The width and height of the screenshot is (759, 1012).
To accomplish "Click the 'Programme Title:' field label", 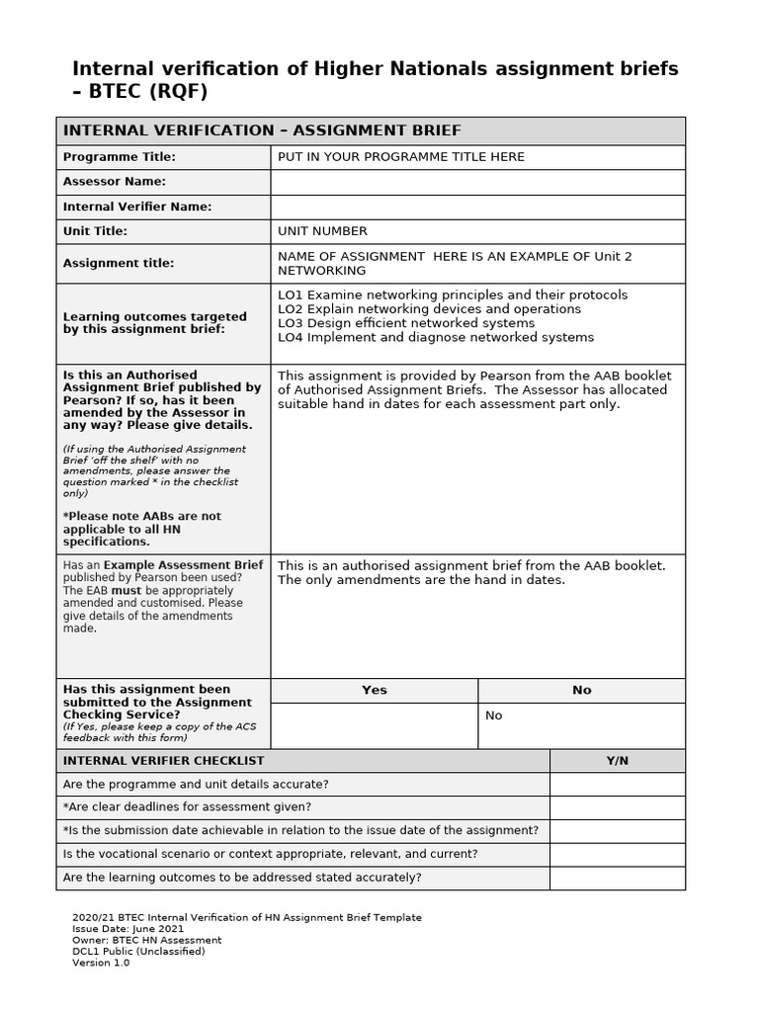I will click(x=119, y=157).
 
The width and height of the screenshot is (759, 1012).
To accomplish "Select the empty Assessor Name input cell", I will click(x=477, y=182).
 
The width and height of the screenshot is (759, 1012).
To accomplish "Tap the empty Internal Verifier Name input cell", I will click(x=477, y=208).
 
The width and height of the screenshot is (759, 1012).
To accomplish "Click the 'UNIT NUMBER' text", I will click(x=322, y=231).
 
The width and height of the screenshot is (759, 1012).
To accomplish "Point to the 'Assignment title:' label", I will click(x=119, y=263).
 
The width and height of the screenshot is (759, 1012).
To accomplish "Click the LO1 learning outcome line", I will click(x=452, y=295).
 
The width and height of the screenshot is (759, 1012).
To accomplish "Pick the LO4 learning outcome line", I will click(x=436, y=337).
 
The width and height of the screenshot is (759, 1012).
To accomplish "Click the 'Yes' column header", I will click(x=375, y=690).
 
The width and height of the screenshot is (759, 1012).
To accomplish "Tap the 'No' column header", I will click(x=581, y=690).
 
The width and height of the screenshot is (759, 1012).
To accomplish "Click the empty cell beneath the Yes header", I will click(x=375, y=725).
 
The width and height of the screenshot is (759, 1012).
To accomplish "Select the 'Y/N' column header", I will click(x=617, y=761).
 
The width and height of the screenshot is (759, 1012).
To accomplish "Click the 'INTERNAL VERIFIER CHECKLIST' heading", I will click(x=163, y=761).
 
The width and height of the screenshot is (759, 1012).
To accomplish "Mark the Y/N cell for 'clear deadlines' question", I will click(x=617, y=807).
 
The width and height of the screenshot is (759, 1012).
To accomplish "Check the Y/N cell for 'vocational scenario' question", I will click(x=617, y=854).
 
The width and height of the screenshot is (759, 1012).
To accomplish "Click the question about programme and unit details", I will click(x=196, y=784).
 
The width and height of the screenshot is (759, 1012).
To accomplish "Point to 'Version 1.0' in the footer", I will click(x=101, y=963).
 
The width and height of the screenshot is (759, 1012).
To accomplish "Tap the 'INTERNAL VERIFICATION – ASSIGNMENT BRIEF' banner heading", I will click(x=262, y=131).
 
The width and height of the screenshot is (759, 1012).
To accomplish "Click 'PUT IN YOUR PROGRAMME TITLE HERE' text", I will click(x=401, y=157).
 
